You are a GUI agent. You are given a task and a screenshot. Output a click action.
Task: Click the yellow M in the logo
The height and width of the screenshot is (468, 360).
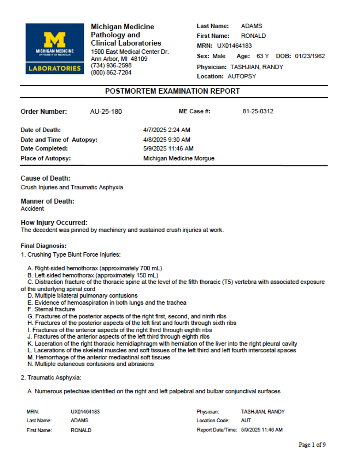pyautogui.click(x=54, y=39)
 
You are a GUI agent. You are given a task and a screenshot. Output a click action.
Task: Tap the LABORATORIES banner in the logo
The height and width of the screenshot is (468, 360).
pyautogui.click(x=54, y=68)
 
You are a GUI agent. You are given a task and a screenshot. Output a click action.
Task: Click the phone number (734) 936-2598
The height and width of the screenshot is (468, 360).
pyautogui.click(x=111, y=65)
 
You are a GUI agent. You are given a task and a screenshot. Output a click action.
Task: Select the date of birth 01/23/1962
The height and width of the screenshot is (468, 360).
pyautogui.click(x=310, y=56)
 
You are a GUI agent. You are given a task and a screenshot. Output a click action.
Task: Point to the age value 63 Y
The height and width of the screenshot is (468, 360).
pyautogui.click(x=262, y=56)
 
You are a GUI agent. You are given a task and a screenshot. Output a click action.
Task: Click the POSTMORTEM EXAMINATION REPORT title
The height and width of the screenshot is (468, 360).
pyautogui.click(x=172, y=91)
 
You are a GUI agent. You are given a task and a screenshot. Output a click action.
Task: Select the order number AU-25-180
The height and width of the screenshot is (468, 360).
pyautogui.click(x=106, y=112)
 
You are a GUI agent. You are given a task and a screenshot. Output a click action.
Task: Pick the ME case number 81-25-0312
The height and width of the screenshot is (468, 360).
pyautogui.click(x=258, y=111)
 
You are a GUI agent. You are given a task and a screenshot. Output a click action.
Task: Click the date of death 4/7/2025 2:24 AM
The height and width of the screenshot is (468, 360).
pyautogui.click(x=167, y=130)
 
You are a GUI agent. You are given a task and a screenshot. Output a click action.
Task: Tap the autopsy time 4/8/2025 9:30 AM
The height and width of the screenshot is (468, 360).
pyautogui.click(x=167, y=140)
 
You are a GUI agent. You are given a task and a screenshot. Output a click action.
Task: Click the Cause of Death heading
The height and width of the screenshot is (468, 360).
pyautogui.click(x=45, y=178)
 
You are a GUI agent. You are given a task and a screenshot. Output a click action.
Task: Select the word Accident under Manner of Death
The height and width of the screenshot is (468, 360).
pyautogui.click(x=32, y=209)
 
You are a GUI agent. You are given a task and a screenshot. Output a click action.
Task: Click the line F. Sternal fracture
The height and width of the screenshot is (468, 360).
pyautogui.click(x=51, y=309)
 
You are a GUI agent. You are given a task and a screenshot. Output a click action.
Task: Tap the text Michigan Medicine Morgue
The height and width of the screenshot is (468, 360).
pyautogui.click(x=179, y=158)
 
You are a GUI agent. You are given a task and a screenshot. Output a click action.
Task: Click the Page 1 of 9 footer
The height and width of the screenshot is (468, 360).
pyautogui.click(x=312, y=445)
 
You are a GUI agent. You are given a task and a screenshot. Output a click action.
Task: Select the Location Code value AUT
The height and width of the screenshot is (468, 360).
pyautogui.click(x=246, y=421)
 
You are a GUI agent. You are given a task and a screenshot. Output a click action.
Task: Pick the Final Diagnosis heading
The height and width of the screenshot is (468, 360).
pyautogui.click(x=43, y=246)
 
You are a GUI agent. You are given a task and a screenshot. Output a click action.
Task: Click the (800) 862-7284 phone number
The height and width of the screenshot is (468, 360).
pyautogui.click(x=111, y=72)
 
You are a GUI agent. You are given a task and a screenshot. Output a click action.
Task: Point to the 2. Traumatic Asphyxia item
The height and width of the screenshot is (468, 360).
pyautogui.click(x=51, y=378)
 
